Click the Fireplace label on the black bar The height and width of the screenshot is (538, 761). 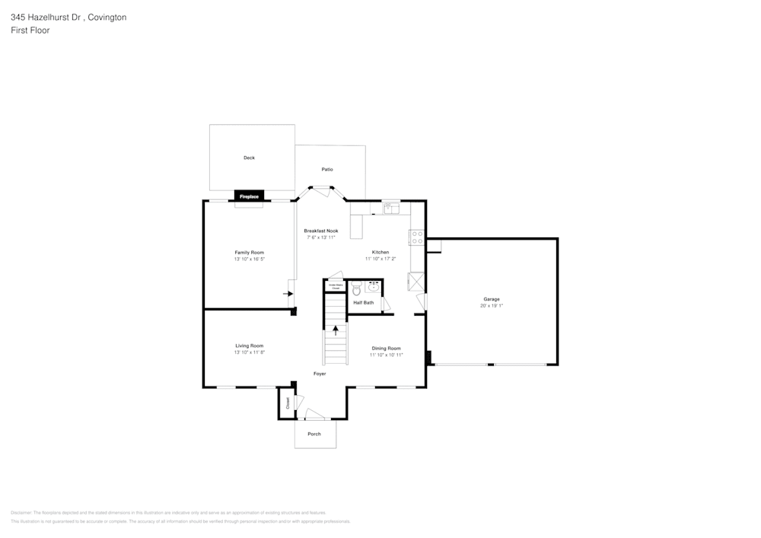[249, 196]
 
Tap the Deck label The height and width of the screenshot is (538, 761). [249, 158]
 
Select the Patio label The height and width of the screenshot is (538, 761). [327, 169]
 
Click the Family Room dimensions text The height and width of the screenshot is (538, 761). [250, 259]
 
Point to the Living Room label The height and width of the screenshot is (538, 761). [250, 345]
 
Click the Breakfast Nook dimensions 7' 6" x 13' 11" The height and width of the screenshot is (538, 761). [321, 237]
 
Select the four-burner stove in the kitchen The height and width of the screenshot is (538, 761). [416, 237]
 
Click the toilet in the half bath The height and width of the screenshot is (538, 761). [356, 289]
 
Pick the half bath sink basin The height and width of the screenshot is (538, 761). [373, 288]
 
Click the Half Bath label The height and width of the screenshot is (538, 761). [364, 302]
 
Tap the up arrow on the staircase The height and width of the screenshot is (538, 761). [335, 330]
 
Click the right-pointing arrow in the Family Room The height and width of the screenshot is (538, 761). [289, 292]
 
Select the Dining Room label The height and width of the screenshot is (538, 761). [386, 348]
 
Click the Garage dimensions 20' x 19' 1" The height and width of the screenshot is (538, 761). [492, 306]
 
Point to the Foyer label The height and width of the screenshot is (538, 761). [320, 374]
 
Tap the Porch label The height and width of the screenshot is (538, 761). [314, 434]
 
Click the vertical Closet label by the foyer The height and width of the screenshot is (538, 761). [288, 403]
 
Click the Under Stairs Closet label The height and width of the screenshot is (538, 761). [335, 287]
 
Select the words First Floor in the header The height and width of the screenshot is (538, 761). [30, 30]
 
